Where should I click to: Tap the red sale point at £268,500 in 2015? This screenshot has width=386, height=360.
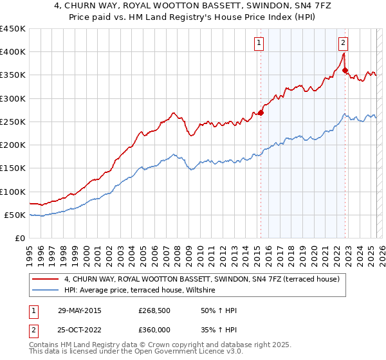(x=261, y=113)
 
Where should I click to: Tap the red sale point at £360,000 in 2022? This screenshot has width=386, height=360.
(x=345, y=70)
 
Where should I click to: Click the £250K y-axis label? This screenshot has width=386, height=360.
(x=13, y=122)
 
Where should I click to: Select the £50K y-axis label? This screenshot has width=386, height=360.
(x=15, y=215)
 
